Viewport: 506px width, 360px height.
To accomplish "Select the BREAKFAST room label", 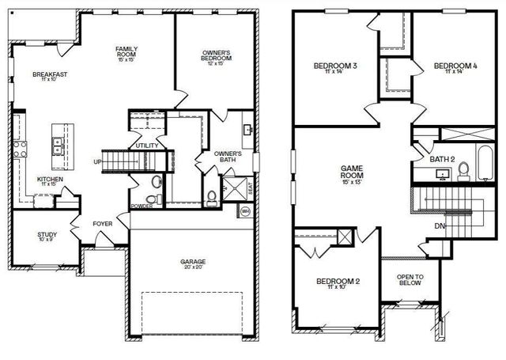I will [48, 74].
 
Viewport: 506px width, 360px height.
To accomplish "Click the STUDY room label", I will [47, 235].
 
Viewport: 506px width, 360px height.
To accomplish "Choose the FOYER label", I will [103, 224].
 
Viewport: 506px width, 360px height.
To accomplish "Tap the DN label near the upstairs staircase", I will [439, 225].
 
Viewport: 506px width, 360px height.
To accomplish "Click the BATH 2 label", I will [442, 159].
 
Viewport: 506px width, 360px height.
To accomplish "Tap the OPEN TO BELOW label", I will [409, 281].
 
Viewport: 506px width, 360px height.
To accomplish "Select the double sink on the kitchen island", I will [58, 146].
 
